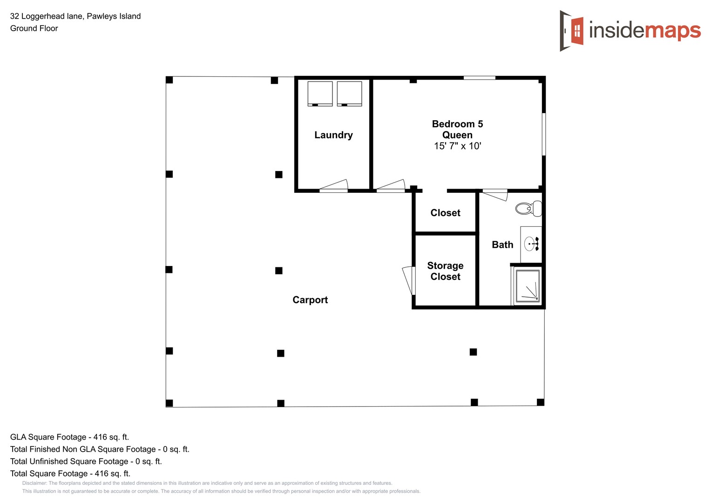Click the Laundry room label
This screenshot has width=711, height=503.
pyautogui.click(x=333, y=135)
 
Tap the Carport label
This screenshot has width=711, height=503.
pyautogui.click(x=310, y=300)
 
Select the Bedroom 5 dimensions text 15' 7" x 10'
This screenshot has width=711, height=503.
pyautogui.click(x=457, y=146)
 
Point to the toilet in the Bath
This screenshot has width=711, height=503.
pyautogui.click(x=529, y=209)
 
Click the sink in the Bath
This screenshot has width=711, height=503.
pyautogui.click(x=531, y=244)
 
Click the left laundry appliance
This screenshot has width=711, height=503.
pyautogui.click(x=320, y=94)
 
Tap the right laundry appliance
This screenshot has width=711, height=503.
pyautogui.click(x=349, y=94)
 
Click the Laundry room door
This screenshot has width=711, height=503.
pyautogui.click(x=334, y=186)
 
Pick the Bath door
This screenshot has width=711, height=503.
pyautogui.click(x=495, y=194)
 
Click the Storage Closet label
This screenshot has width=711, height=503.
pyautogui.click(x=445, y=271)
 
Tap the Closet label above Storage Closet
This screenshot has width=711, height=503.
pyautogui.click(x=445, y=213)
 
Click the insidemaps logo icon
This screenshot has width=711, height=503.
pyautogui.click(x=572, y=31)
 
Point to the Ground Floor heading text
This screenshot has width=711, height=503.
pyautogui.click(x=34, y=28)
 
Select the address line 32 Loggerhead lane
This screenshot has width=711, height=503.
pyautogui.click(x=75, y=16)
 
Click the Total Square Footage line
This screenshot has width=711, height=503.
pyautogui.click(x=70, y=473)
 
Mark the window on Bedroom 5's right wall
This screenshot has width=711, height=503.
pyautogui.click(x=543, y=134)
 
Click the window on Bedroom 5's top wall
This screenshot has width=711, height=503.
pyautogui.click(x=479, y=78)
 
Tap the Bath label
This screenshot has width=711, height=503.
pyautogui.click(x=502, y=245)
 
